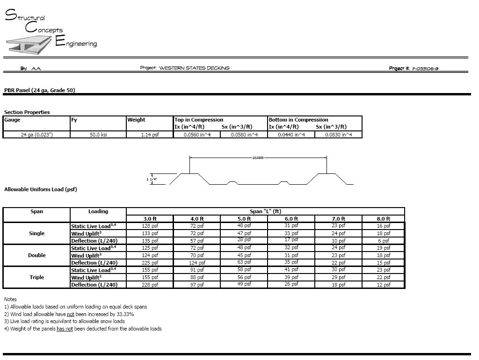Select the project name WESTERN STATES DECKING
(x=194, y=68)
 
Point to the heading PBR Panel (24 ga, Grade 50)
(x=39, y=90)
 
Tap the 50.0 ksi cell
(x=98, y=135)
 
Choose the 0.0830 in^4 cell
(x=338, y=135)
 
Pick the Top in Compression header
(x=199, y=120)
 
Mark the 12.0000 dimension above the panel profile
(x=258, y=158)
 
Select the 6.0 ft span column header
(x=291, y=219)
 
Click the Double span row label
(x=37, y=255)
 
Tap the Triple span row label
(x=37, y=277)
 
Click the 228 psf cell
(x=150, y=285)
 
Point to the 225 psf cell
(x=150, y=263)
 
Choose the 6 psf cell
(x=384, y=241)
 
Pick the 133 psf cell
(x=150, y=233)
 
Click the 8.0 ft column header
(x=384, y=219)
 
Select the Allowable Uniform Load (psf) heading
(x=40, y=189)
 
